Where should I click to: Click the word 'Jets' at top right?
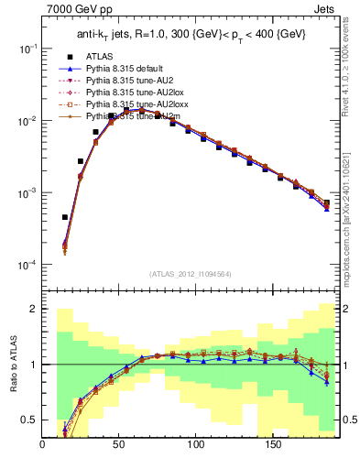[326, 10]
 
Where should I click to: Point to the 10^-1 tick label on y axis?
[25, 49]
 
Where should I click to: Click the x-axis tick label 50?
[119, 445]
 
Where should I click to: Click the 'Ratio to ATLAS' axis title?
[12, 365]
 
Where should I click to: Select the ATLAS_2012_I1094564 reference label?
[191, 274]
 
